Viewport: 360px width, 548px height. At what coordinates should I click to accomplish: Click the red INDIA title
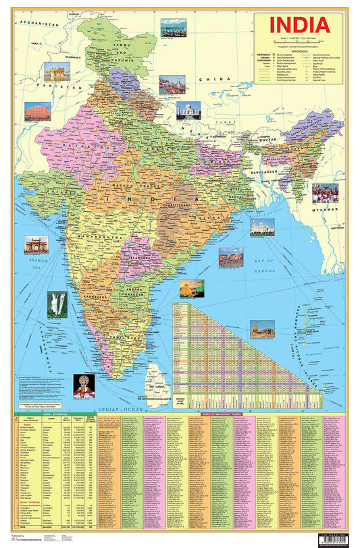click(x=301, y=25)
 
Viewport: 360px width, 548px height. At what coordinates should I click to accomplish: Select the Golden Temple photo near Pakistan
click(x=57, y=72)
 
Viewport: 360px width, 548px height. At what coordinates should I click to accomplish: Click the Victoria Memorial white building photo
click(x=262, y=227)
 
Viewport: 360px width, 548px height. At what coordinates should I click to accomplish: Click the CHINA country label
click(x=225, y=80)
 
